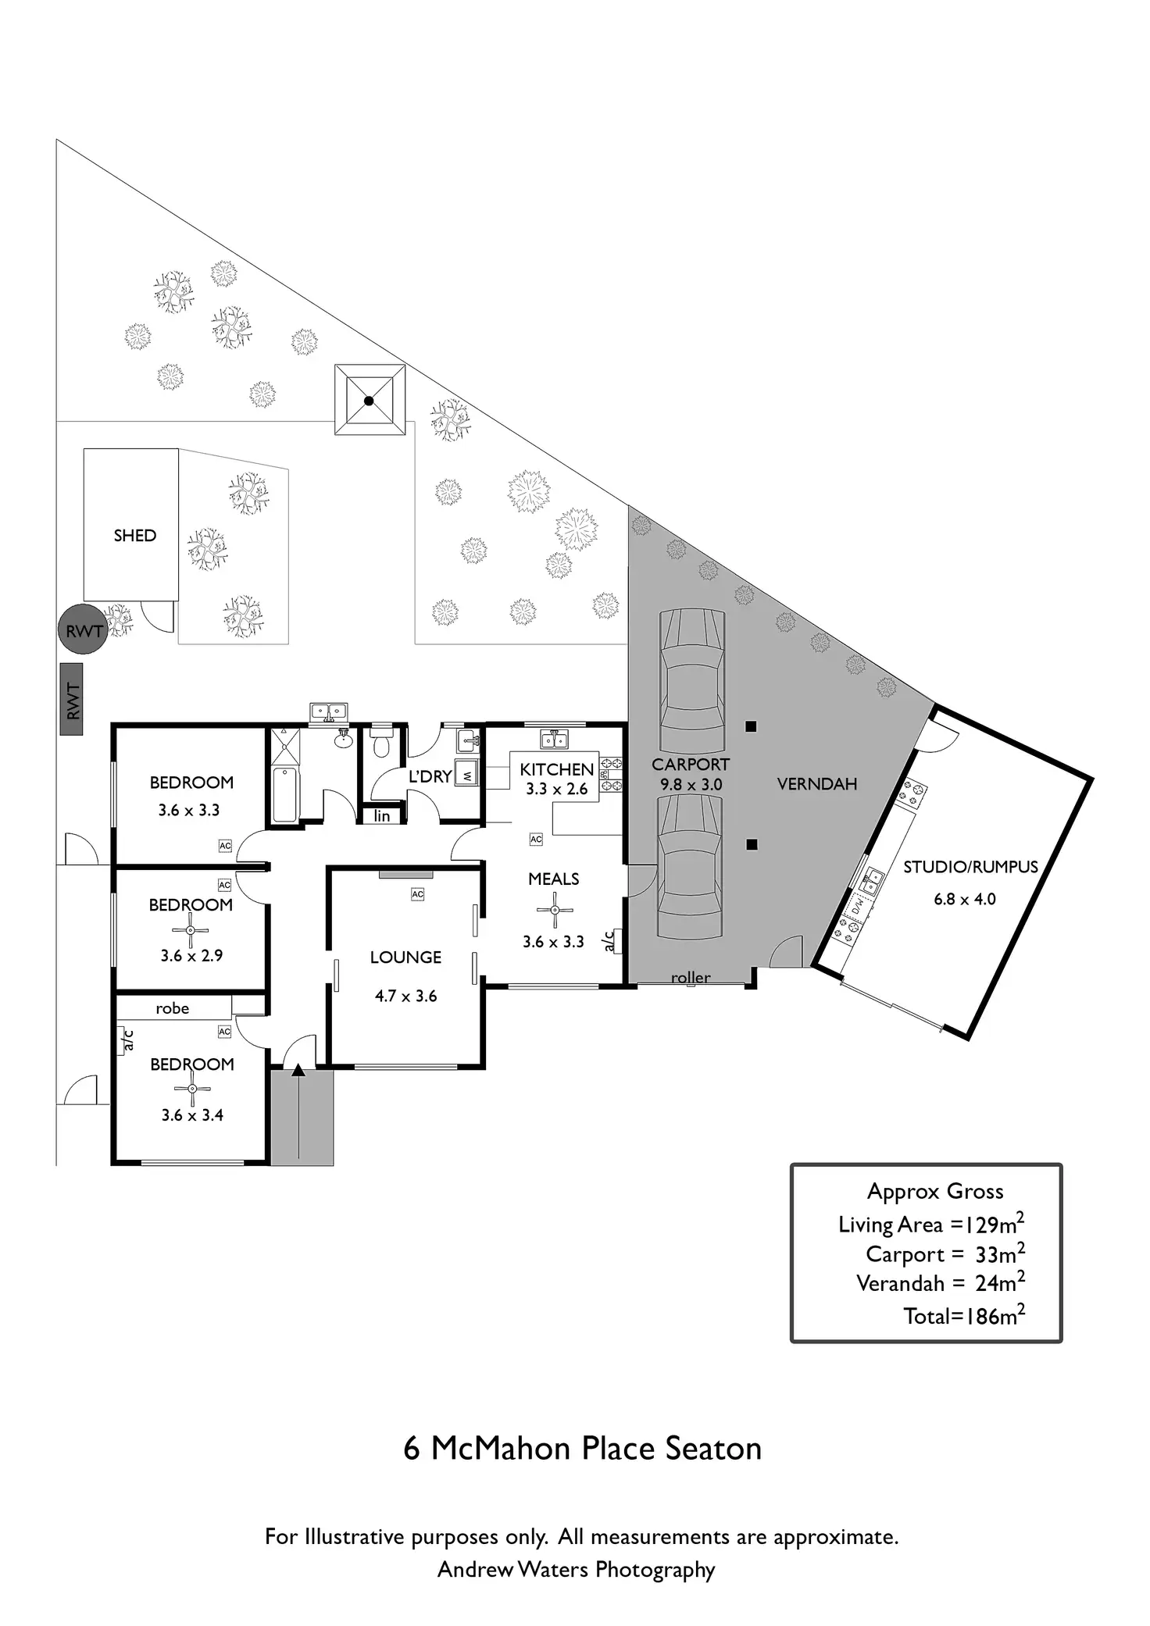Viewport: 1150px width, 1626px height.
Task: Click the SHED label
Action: tap(134, 536)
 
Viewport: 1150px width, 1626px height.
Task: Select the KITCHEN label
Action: tap(556, 769)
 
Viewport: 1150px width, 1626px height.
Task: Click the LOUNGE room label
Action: tap(405, 957)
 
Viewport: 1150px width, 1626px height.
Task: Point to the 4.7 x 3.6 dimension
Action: tap(405, 996)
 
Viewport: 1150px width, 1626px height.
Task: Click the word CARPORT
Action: tap(691, 765)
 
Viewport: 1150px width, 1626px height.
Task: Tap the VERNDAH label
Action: tap(817, 784)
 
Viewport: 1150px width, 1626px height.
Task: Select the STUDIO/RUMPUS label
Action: tap(970, 867)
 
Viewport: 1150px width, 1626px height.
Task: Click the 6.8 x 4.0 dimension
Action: tap(965, 899)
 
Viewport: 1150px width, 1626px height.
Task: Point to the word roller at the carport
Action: tap(691, 978)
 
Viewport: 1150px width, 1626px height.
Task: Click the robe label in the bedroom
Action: tap(172, 1008)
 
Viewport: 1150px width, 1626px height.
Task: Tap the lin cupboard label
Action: tap(382, 816)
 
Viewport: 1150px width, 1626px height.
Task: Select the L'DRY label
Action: tap(430, 777)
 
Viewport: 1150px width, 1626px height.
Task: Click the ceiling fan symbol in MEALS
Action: tap(555, 910)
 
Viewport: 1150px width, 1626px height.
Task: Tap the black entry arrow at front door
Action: tap(298, 1071)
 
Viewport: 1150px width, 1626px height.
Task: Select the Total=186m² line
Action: tap(964, 1316)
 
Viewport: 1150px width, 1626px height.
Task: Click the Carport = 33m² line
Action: tap(945, 1254)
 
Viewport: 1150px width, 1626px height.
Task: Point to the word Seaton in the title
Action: tap(713, 1449)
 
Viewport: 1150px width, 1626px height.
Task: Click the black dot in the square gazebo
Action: tap(370, 401)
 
